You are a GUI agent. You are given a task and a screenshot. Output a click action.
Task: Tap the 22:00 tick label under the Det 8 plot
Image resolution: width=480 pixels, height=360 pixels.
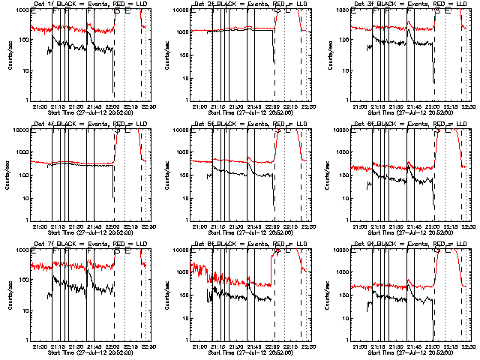(271, 346)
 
